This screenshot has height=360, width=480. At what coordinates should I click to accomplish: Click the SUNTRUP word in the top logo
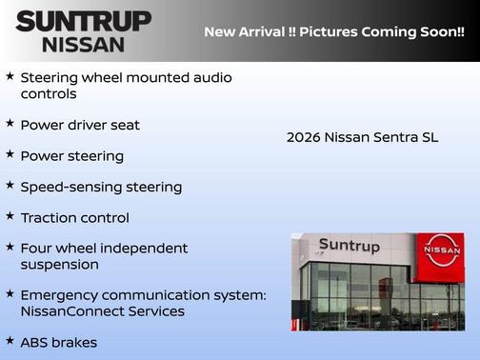click(83, 21)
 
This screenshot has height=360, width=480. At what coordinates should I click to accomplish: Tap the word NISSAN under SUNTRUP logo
click(83, 44)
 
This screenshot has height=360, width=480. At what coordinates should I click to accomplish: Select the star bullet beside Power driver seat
click(10, 124)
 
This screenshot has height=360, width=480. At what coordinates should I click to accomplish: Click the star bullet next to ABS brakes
click(10, 341)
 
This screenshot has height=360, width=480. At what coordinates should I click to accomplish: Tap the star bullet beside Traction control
click(10, 216)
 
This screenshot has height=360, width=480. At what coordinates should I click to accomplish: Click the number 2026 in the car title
click(303, 137)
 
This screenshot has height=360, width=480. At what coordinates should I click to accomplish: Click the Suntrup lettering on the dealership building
click(349, 246)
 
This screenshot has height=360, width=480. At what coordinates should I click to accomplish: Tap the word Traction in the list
click(48, 217)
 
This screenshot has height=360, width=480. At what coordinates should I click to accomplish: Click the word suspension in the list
click(59, 264)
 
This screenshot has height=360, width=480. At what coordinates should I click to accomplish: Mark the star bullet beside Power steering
click(10, 154)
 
